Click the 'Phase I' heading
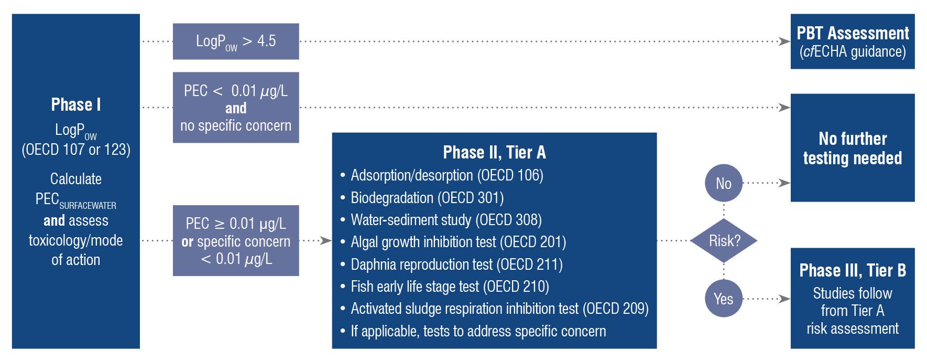coord(76,104)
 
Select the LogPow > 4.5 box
coord(236,41)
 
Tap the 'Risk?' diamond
coord(724,241)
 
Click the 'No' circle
coord(724,183)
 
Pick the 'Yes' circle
coord(724,299)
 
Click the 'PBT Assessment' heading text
coord(853,34)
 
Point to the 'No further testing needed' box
coord(853,148)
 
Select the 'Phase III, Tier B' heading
coord(853,270)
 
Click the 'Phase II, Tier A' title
coord(494,152)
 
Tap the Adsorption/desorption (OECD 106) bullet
coord(446,175)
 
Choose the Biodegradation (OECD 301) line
coord(427,198)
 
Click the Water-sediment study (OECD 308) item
coord(446,220)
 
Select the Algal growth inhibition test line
coord(458,242)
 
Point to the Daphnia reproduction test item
coord(456,264)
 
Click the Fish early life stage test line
coord(450,287)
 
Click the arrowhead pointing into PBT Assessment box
coord(784,41)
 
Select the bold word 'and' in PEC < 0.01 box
coord(236,108)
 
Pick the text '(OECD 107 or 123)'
coord(76,150)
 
